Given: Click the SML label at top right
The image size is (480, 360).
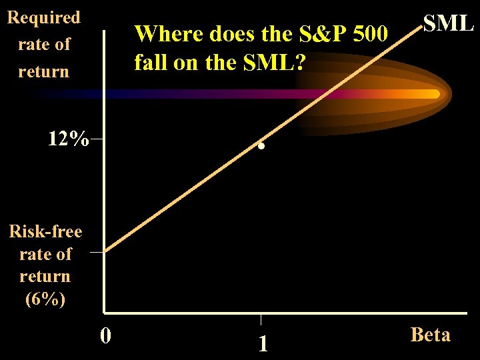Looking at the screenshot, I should click(x=448, y=23).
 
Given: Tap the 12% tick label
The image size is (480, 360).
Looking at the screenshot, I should click(x=68, y=139).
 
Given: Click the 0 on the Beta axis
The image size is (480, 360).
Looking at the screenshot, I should click(x=105, y=333).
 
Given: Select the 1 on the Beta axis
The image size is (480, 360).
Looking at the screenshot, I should click(x=263, y=343).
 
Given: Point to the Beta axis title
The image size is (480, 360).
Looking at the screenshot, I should click(x=430, y=334).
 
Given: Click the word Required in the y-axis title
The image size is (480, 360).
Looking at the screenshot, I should click(x=43, y=17).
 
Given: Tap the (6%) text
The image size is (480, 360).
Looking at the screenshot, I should click(x=45, y=299).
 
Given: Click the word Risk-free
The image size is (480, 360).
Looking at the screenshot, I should click(x=45, y=231).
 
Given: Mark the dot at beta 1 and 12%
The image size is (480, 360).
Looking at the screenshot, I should click(x=262, y=145).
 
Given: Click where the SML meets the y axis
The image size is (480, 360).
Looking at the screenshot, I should click(x=105, y=251).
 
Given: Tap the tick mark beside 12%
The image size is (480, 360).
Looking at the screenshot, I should click(x=98, y=139).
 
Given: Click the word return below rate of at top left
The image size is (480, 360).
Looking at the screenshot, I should click(x=43, y=71).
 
